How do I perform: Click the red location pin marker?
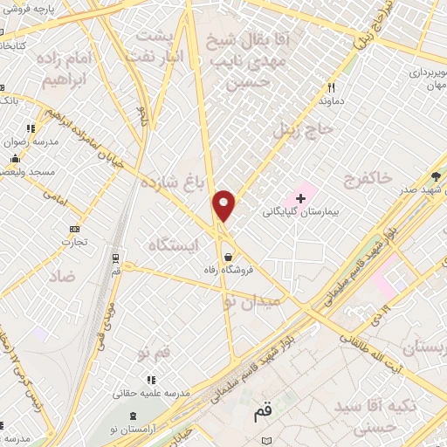click(x=224, y=205)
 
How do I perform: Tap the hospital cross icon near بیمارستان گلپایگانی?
click(x=301, y=198)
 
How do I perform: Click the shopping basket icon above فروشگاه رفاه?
click(x=228, y=257)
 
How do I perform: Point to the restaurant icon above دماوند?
click(x=331, y=87)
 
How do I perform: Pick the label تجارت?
click(x=79, y=241)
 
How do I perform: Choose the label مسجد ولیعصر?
click(x=29, y=172)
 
